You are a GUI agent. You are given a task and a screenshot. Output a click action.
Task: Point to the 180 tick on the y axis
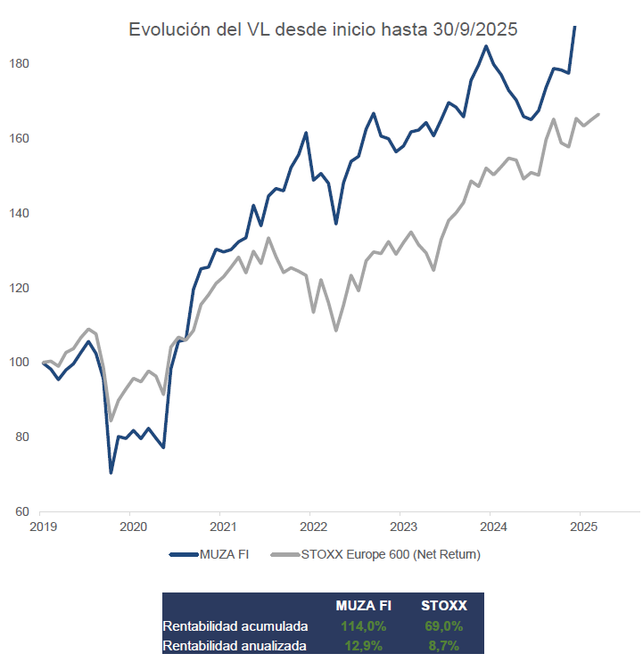coord(20,64)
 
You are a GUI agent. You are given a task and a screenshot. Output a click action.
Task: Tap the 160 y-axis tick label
coord(20,139)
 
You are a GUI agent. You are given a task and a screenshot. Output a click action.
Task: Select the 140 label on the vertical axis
coord(20,214)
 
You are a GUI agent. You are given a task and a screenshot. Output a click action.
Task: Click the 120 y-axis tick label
coord(20,289)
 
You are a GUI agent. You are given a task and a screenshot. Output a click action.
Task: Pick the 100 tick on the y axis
coord(20,363)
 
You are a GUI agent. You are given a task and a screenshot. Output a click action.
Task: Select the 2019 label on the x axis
coord(42,527)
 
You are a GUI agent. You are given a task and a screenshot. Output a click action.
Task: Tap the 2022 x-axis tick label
coord(310,527)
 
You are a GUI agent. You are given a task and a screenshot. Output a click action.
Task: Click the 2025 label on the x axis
coord(580,527)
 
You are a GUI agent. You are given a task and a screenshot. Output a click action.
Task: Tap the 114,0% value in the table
coord(363,625)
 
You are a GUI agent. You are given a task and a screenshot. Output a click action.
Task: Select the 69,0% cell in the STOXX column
coord(443,625)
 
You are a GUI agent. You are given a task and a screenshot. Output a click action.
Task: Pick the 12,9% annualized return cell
coord(363,645)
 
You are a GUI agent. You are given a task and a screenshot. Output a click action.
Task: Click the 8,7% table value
coord(443,645)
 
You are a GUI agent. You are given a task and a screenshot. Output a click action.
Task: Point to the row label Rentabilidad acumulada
coord(235,625)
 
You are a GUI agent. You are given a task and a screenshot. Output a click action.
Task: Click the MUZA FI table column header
coord(363,606)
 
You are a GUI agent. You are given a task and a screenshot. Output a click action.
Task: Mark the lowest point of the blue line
coord(111,472)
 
